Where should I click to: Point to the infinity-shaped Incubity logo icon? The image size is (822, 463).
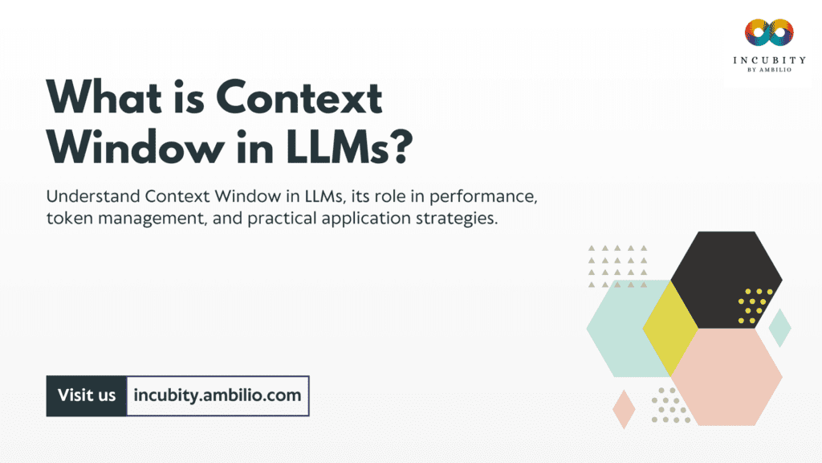[767, 33]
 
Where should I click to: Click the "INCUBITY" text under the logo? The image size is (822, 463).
[767, 59]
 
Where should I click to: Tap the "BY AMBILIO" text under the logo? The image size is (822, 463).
[767, 70]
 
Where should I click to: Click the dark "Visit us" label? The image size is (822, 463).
[87, 395]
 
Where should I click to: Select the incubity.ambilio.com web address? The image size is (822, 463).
[218, 395]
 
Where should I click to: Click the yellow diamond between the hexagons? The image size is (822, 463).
[671, 328]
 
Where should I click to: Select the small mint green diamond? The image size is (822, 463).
[779, 328]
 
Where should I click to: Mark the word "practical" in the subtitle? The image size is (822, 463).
[287, 219]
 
